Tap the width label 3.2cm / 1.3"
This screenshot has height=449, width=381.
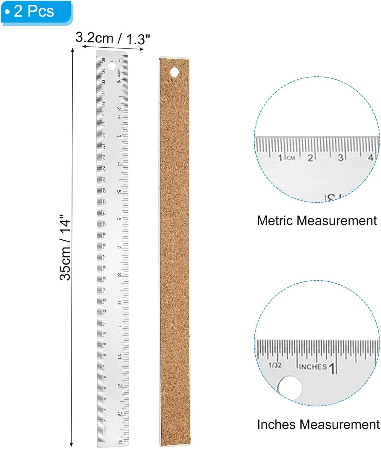pyautogui.click(x=113, y=38)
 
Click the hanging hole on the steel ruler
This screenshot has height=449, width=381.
pyautogui.click(x=112, y=66)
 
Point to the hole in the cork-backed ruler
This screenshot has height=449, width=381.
pyautogui.click(x=174, y=72)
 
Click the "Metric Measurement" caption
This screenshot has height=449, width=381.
pyautogui.click(x=317, y=221)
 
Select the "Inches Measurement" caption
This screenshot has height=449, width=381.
pyautogui.click(x=318, y=424)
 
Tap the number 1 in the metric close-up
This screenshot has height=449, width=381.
pyautogui.click(x=280, y=158)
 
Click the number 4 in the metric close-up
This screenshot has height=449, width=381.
pyautogui.click(x=371, y=157)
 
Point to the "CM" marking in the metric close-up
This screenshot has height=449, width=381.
pyautogui.click(x=291, y=158)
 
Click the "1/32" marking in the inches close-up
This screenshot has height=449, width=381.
pyautogui.click(x=275, y=365)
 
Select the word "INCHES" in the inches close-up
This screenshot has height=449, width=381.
pyautogui.click(x=313, y=367)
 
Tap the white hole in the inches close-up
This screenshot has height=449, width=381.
pyautogui.click(x=290, y=388)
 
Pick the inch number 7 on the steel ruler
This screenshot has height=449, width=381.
pyautogui.click(x=119, y=247)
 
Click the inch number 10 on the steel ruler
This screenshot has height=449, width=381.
pyautogui.click(x=119, y=329)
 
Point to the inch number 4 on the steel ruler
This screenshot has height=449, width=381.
pyautogui.click(x=119, y=164)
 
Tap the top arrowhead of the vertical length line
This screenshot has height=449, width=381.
pyautogui.click(x=72, y=50)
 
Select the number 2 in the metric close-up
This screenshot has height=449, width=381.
pyautogui.click(x=310, y=157)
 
